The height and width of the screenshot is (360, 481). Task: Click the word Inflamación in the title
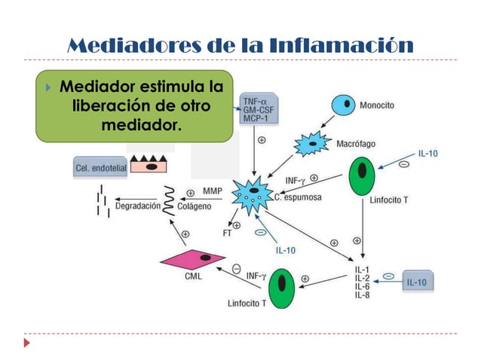(x=353, y=45)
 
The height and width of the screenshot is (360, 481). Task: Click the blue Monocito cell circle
(x=347, y=103)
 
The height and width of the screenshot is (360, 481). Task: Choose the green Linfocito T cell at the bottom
(x=281, y=288)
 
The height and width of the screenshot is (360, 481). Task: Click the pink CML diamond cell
(x=193, y=261)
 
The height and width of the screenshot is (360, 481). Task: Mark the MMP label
(x=212, y=191)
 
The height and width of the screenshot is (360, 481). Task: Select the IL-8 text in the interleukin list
(x=362, y=295)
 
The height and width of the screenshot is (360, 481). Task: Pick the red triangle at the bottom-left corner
(x=28, y=343)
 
